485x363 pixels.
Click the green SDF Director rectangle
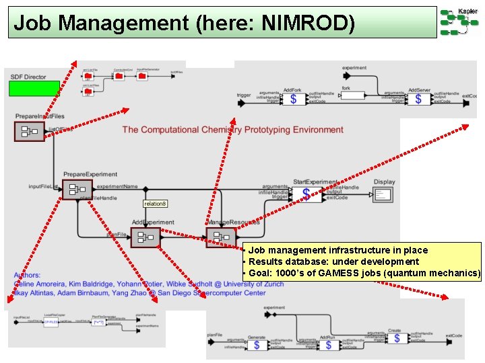point(34,89)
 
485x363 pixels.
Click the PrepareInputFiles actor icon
point(29,131)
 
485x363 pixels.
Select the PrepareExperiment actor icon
point(77,190)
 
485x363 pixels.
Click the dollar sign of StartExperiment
point(306,194)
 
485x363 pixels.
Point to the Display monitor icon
point(383,194)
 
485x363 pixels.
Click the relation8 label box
point(155,203)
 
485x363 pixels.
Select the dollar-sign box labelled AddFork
point(292,99)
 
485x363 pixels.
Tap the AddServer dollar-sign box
point(418,99)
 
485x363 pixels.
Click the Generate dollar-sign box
point(256,345)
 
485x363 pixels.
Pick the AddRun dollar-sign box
point(328,345)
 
